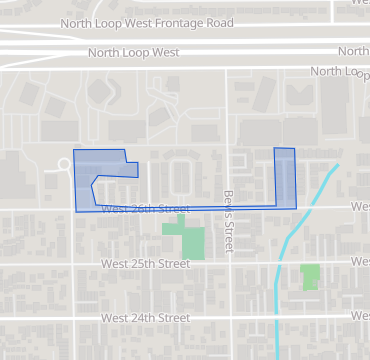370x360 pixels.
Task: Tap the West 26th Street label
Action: pyautogui.click(x=145, y=209)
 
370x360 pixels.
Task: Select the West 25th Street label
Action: pyautogui.click(x=145, y=264)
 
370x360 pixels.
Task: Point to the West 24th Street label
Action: pyautogui.click(x=145, y=318)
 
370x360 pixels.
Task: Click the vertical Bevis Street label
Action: pyautogui.click(x=228, y=209)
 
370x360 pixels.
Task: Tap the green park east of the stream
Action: pyautogui.click(x=310, y=276)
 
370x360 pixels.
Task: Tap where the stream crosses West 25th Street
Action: pyautogui.click(x=281, y=264)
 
